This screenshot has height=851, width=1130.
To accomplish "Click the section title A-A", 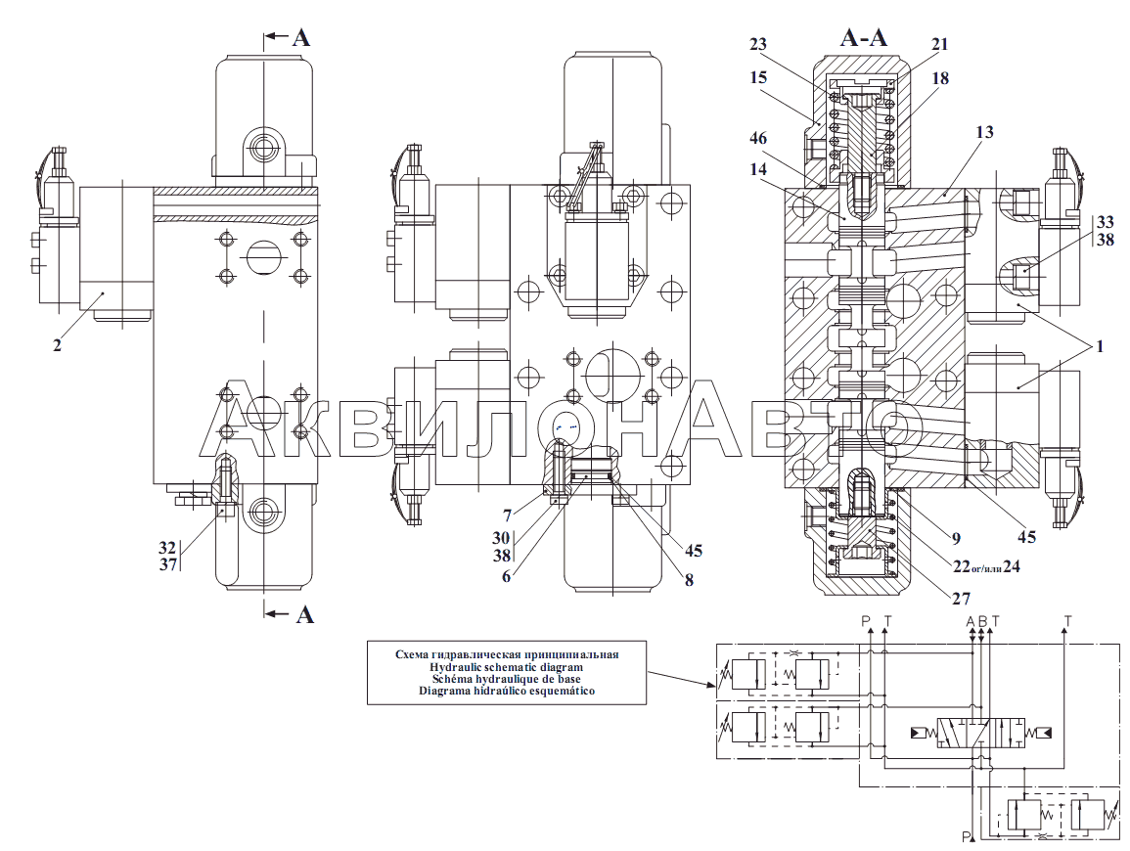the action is pyautogui.click(x=864, y=37).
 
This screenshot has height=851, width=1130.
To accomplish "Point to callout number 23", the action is pyautogui.click(x=758, y=45).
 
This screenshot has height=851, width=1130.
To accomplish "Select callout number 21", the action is pyautogui.click(x=940, y=45).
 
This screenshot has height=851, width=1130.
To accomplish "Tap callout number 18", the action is pyautogui.click(x=940, y=78).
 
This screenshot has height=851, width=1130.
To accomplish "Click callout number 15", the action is pyautogui.click(x=758, y=78).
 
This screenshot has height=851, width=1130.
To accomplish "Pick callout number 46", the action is pyautogui.click(x=758, y=138).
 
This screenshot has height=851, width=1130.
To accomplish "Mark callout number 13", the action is pyautogui.click(x=984, y=132).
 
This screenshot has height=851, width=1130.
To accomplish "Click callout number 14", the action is pyautogui.click(x=758, y=170).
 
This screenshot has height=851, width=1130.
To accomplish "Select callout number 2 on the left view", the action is pyautogui.click(x=57, y=345).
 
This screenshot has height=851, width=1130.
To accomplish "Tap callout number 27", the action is pyautogui.click(x=962, y=598).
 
